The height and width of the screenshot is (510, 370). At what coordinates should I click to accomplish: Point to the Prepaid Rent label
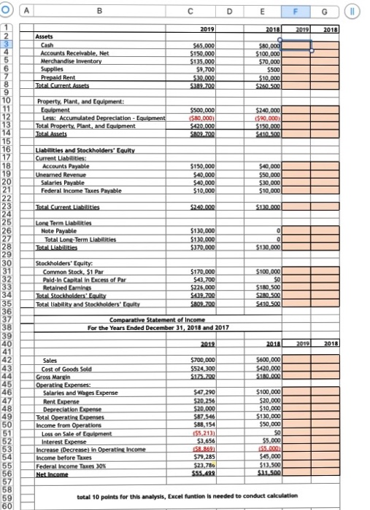[62, 80]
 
